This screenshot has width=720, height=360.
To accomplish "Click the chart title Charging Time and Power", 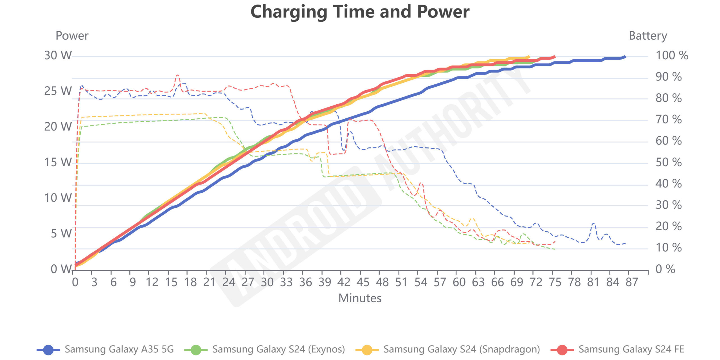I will [360, 12].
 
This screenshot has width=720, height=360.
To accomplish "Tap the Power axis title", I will [72, 36].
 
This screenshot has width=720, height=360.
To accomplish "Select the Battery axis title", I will [648, 36].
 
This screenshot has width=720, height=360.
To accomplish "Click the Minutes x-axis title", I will [360, 298].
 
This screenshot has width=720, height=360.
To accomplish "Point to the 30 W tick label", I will [58, 55].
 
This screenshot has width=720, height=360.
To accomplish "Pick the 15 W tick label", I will [58, 162].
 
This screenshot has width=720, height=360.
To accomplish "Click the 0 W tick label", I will [61, 269].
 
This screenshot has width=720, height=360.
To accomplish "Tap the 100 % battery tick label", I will [672, 55].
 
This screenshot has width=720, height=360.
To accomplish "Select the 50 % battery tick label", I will [668, 162].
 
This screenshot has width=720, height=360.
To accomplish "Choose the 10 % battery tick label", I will [668, 248].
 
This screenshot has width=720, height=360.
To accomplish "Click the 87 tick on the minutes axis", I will [632, 282].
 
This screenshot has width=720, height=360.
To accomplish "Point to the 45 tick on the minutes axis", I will [363, 282].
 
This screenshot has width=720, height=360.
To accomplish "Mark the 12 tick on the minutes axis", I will [152, 282].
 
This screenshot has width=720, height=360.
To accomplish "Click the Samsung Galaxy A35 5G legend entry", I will [105, 349].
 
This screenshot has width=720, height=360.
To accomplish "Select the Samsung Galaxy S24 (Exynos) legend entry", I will [265, 349].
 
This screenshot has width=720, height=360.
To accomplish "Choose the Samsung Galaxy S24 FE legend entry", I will [617, 349].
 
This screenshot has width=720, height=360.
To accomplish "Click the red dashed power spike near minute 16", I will [177, 75].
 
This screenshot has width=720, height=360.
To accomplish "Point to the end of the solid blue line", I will [625, 57].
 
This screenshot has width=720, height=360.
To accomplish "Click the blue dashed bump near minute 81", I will [593, 224].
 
